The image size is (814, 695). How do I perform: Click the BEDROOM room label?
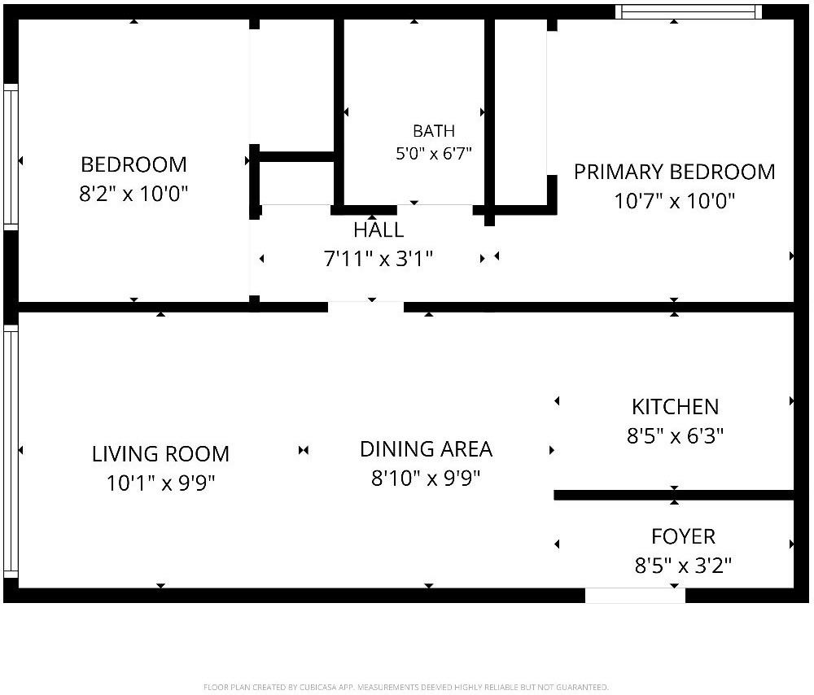(134, 164)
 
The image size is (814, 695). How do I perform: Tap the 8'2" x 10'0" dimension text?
(133, 194)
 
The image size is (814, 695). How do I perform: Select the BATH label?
(434, 131)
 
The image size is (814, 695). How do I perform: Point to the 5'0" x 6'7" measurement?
(434, 154)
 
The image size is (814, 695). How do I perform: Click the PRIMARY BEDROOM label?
(674, 172)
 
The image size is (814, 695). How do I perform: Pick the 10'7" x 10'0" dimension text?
(674, 200)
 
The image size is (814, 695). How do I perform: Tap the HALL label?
(379, 230)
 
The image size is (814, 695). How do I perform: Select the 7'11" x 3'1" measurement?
(379, 259)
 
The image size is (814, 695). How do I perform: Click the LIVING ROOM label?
(160, 454)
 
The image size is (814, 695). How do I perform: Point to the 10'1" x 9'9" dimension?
(160, 483)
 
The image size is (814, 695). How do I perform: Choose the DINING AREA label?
(427, 449)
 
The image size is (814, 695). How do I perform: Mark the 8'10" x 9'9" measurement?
(427, 478)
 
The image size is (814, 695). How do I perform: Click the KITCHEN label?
(676, 407)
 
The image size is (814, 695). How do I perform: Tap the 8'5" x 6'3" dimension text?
(676, 435)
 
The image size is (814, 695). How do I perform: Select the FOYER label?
(683, 536)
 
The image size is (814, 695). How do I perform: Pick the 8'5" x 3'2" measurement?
(683, 566)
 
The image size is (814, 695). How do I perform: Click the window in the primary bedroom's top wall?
(689, 11)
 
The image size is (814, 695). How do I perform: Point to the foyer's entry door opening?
(636, 596)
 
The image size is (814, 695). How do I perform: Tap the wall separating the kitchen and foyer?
(674, 495)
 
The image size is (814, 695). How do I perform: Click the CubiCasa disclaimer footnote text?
(406, 687)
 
